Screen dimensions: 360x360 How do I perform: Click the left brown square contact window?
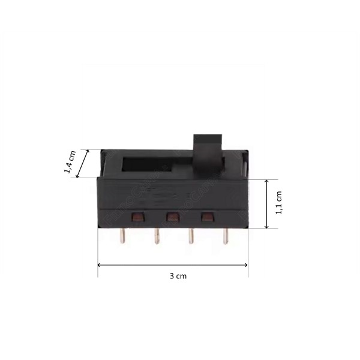click(138, 216)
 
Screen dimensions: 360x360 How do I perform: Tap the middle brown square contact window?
click(173, 216)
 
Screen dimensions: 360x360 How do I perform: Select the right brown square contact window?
click(208, 216)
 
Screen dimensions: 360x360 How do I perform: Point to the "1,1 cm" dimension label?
click(279, 204)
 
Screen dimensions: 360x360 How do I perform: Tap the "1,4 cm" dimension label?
click(70, 161)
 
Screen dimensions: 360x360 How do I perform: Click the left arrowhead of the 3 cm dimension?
click(100, 265)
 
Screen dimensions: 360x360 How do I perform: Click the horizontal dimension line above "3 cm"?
click(173, 265)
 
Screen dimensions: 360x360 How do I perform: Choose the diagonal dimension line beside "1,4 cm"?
click(83, 163)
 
